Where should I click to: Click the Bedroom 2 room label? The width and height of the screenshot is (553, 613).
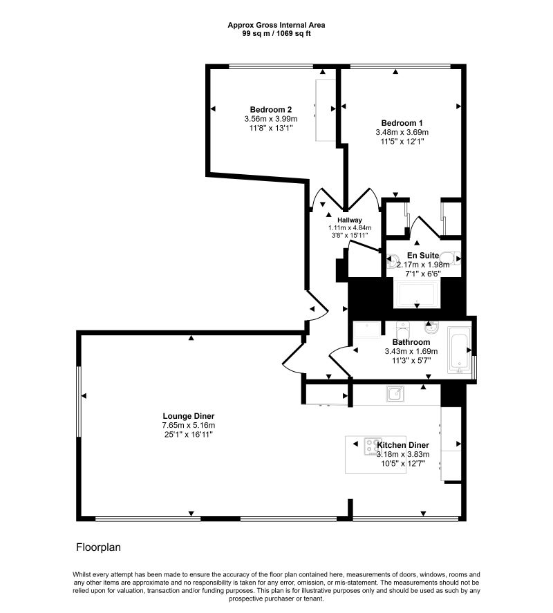pyautogui.click(x=271, y=109)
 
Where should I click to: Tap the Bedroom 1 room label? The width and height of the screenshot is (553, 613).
pyautogui.click(x=402, y=123)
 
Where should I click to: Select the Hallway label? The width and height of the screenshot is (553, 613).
pyautogui.click(x=350, y=220)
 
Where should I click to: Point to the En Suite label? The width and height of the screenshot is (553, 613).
pyautogui.click(x=423, y=255)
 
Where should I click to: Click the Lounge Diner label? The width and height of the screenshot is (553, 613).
pyautogui.click(x=189, y=416)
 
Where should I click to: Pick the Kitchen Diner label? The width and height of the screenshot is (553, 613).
pyautogui.click(x=403, y=445)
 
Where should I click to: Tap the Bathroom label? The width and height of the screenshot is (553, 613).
pyautogui.click(x=411, y=342)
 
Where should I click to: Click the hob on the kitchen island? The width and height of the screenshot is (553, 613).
pyautogui.click(x=373, y=446)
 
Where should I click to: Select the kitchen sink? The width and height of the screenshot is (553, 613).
pyautogui.click(x=395, y=394)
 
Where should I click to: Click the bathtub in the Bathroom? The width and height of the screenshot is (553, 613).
pyautogui.click(x=459, y=350)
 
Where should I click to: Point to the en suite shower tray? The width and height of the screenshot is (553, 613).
pyautogui.click(x=418, y=294)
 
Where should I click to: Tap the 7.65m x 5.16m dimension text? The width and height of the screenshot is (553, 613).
pyautogui.click(x=189, y=425)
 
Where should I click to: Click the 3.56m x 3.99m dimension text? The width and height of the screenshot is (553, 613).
pyautogui.click(x=271, y=119)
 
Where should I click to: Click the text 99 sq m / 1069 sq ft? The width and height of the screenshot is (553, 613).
pyautogui.click(x=276, y=34)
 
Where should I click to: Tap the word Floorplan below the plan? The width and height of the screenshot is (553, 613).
pyautogui.click(x=98, y=547)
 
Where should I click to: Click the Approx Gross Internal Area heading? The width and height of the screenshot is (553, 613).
pyautogui.click(x=276, y=25)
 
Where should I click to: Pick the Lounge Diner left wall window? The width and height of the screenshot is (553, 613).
pyautogui.click(x=79, y=402)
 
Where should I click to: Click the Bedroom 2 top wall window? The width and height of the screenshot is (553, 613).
pyautogui.click(x=271, y=66)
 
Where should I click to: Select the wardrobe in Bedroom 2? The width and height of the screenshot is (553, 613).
pyautogui.click(x=326, y=111)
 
